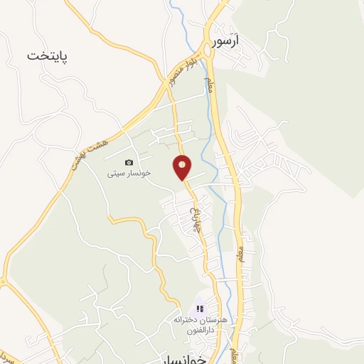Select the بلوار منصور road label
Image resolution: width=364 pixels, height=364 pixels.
click(182, 70)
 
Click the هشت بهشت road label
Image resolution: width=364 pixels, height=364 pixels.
click(85, 152)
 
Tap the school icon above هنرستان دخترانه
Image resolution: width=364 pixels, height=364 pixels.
click(200, 309)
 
